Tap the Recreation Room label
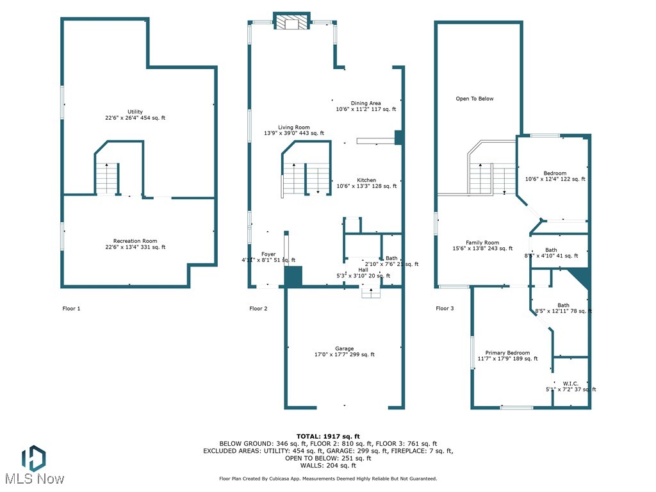tap(135, 241)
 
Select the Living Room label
tap(294, 127)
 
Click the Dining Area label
tap(366, 103)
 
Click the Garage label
tap(344, 348)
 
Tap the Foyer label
tap(268, 254)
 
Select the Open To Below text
tap(475, 99)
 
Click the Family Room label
tap(482, 243)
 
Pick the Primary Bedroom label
tap(507, 353)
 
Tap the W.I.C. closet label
tap(570, 383)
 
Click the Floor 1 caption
tap(72, 308)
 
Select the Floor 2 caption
tap(258, 308)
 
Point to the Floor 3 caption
tap(445, 308)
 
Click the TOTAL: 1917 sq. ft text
tap(328, 436)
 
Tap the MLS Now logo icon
tap(33, 457)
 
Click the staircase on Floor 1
tap(108, 178)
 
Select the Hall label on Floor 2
tap(363, 270)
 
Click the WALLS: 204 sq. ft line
tap(328, 465)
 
